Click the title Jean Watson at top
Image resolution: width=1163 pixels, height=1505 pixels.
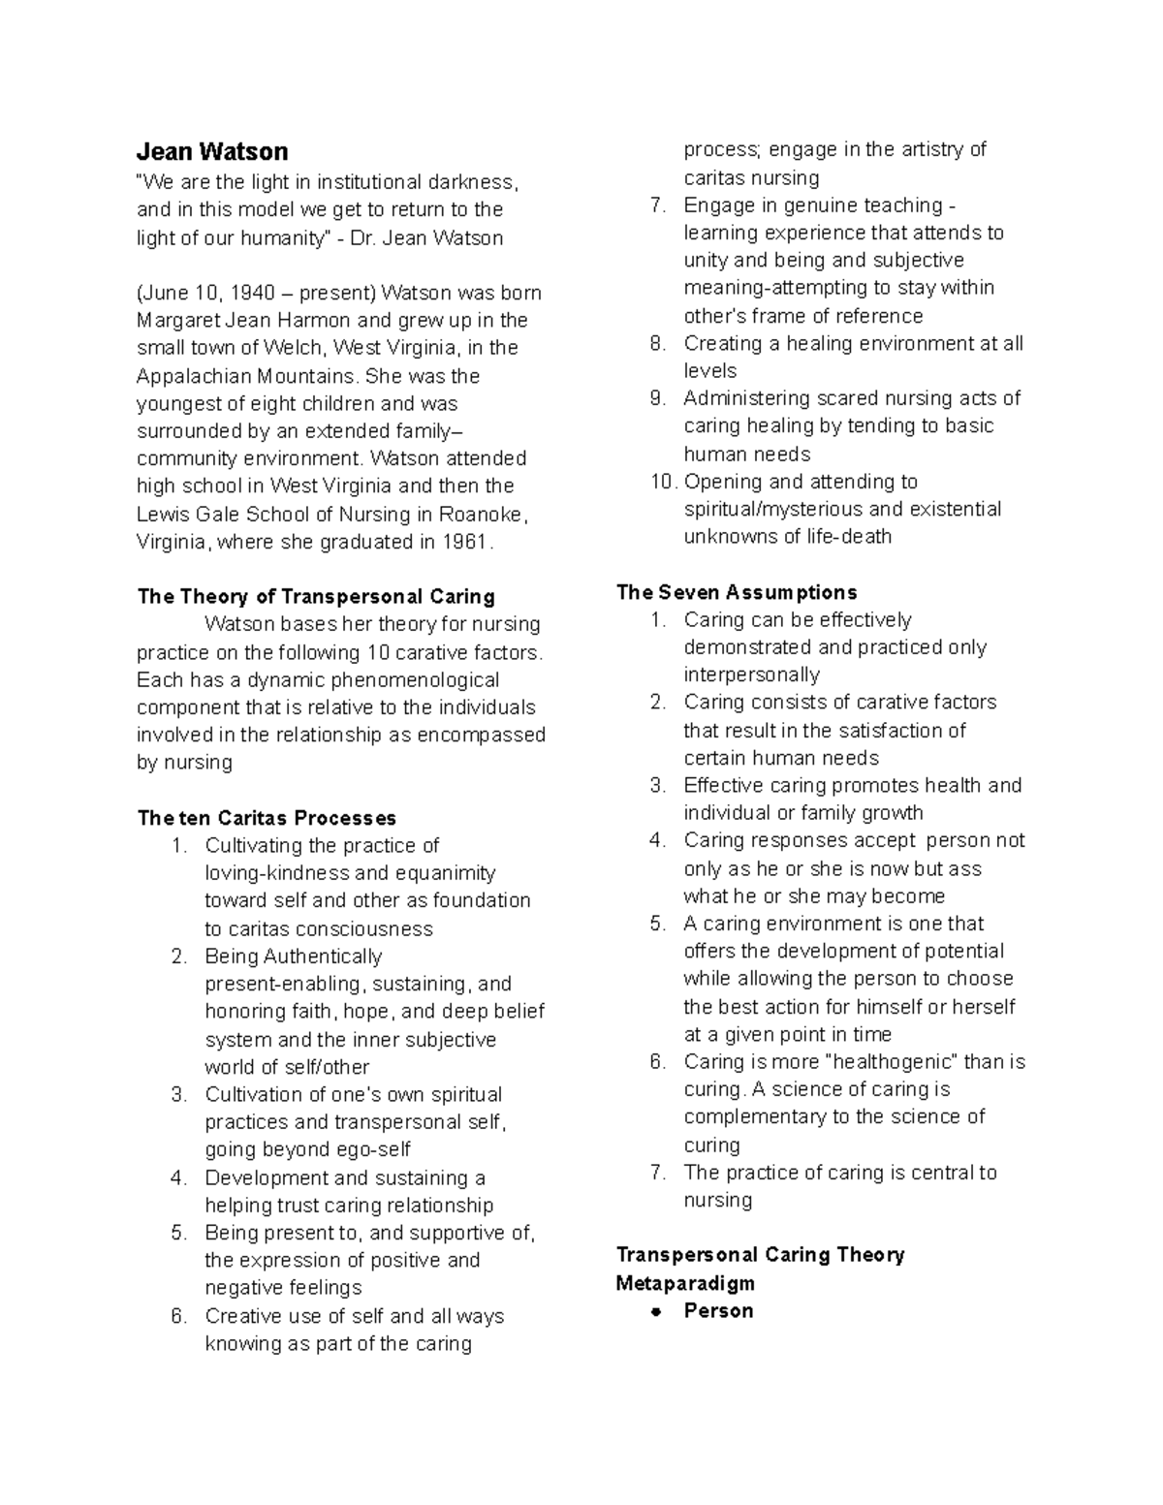(212, 151)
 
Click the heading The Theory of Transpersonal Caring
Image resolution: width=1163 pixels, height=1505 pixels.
(316, 596)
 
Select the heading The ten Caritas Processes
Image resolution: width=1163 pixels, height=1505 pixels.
(267, 818)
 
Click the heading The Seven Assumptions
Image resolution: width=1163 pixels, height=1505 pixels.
(737, 592)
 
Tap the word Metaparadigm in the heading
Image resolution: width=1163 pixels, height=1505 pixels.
(685, 1283)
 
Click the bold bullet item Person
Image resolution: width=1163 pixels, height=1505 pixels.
(718, 1310)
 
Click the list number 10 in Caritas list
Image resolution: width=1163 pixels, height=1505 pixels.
(662, 482)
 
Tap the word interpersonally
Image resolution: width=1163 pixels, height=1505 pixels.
(751, 674)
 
